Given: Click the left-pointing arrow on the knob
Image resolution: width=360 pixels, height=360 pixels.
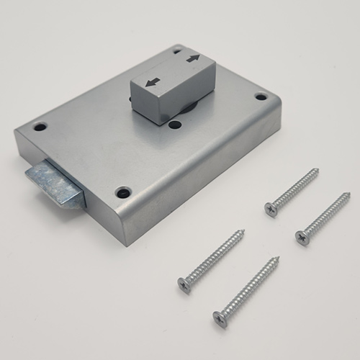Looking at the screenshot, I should point(151,82).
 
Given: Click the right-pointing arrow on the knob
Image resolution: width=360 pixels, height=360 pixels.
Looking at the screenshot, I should point(193,58).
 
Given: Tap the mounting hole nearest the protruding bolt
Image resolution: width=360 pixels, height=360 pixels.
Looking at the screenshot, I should point(40,127).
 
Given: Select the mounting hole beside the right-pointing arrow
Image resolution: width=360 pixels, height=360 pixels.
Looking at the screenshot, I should point(176,50).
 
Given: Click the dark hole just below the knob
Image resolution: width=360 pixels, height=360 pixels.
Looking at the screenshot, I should point(175,125).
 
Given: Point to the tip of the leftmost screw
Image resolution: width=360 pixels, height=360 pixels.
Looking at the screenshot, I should point(243,231).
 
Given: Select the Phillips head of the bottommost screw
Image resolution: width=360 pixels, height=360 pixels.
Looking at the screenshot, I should point(221,318).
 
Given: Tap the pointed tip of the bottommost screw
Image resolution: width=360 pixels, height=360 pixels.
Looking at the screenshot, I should point(279,258).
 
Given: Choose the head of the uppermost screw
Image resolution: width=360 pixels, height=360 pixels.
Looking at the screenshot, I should point(271,208).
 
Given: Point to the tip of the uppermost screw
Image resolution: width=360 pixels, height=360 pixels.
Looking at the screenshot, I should point(318,170).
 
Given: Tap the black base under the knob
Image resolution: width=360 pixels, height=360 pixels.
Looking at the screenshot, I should point(189,108).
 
